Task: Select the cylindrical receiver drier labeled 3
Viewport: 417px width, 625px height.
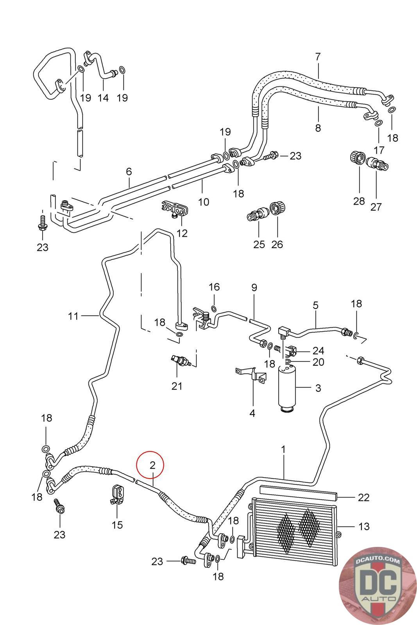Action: (x=287, y=387)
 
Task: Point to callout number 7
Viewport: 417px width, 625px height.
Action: (x=318, y=57)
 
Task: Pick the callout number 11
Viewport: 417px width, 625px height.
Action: (x=73, y=316)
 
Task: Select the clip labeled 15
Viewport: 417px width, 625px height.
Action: (x=117, y=494)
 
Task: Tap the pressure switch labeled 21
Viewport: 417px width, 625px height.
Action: (x=180, y=360)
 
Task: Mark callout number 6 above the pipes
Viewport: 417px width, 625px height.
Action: (x=129, y=171)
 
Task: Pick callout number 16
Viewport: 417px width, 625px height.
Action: (x=214, y=287)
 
